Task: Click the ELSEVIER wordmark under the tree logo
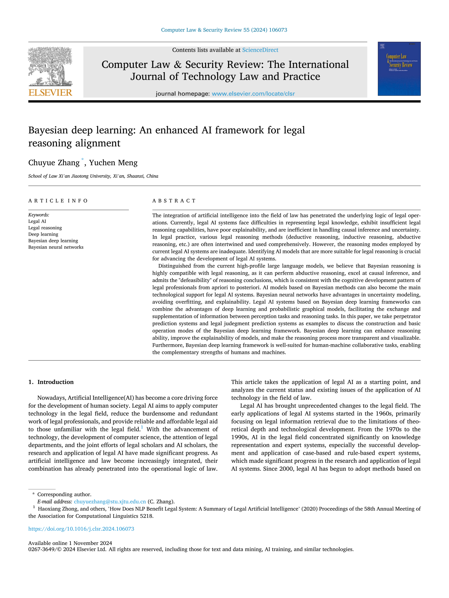(x=50, y=93)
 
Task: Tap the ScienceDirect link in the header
(x=260, y=50)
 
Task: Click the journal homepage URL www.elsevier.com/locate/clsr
(x=253, y=94)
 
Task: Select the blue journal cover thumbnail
(x=399, y=69)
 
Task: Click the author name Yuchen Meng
(x=113, y=163)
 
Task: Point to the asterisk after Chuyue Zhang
(x=83, y=160)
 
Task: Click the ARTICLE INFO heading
(x=58, y=201)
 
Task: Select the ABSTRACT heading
(x=174, y=201)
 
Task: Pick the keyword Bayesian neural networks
(x=56, y=247)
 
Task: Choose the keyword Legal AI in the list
(x=37, y=221)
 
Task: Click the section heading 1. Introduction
(x=51, y=382)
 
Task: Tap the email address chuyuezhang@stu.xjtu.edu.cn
(x=110, y=501)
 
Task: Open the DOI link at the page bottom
(x=81, y=529)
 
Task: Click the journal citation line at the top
(x=224, y=30)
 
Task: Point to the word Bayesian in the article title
(x=49, y=130)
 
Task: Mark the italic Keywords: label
(x=39, y=215)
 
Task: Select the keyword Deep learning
(x=43, y=234)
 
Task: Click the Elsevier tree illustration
(x=50, y=67)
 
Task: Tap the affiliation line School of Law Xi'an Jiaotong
(x=93, y=176)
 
